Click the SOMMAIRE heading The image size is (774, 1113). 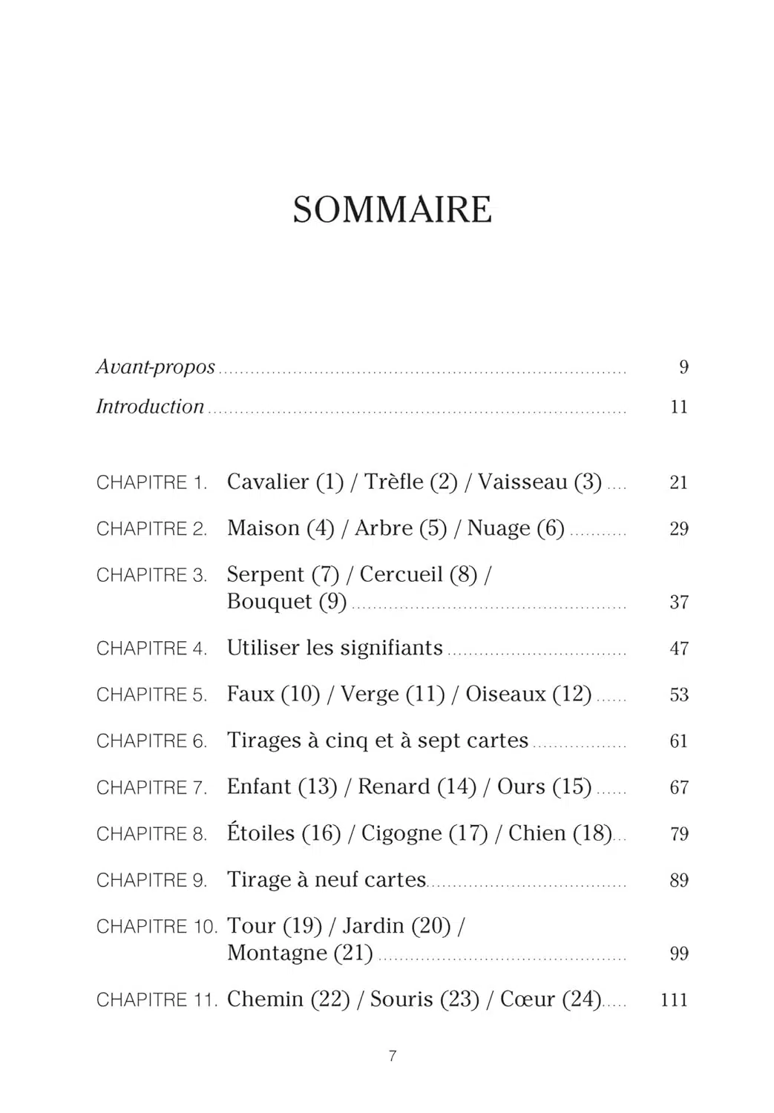tap(392, 210)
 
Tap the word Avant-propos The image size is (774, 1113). tap(155, 367)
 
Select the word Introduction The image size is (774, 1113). tap(150, 407)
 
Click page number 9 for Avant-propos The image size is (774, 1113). tap(683, 367)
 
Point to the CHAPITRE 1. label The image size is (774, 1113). tap(151, 483)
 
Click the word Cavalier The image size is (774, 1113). tap(267, 482)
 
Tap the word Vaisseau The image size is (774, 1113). tap(522, 482)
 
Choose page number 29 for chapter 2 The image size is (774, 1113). tap(679, 529)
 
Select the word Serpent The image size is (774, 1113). tap(266, 574)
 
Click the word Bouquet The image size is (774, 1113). tap(269, 601)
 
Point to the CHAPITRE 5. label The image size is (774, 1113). tap(151, 695)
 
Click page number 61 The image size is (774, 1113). tap(679, 741)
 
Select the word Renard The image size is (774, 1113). tap(393, 787)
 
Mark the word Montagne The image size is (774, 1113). tap(277, 953)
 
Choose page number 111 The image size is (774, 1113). tap(674, 1000)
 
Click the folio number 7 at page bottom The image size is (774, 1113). tap(393, 1056)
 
